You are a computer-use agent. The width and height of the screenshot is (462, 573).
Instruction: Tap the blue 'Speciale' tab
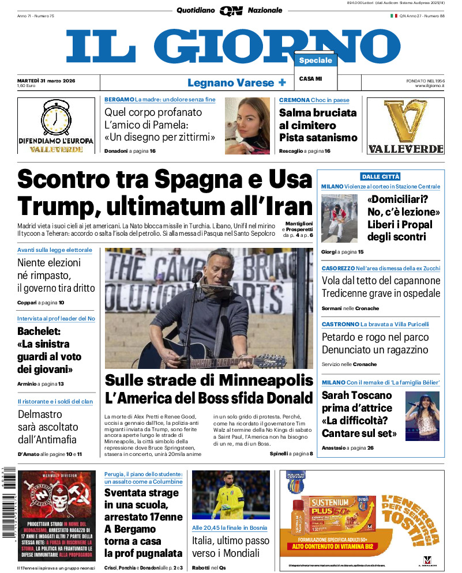click(x=315, y=61)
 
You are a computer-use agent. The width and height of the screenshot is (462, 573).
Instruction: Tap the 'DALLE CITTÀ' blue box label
click(x=381, y=176)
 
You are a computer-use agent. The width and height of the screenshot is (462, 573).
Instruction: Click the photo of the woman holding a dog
click(x=247, y=125)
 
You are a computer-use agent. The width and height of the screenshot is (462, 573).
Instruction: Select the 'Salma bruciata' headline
click(x=318, y=112)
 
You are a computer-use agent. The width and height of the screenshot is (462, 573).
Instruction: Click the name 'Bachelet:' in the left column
click(x=43, y=331)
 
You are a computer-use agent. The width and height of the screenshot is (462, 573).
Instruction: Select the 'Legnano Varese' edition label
click(x=231, y=82)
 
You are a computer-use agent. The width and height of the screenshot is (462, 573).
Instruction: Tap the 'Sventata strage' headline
click(x=141, y=493)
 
